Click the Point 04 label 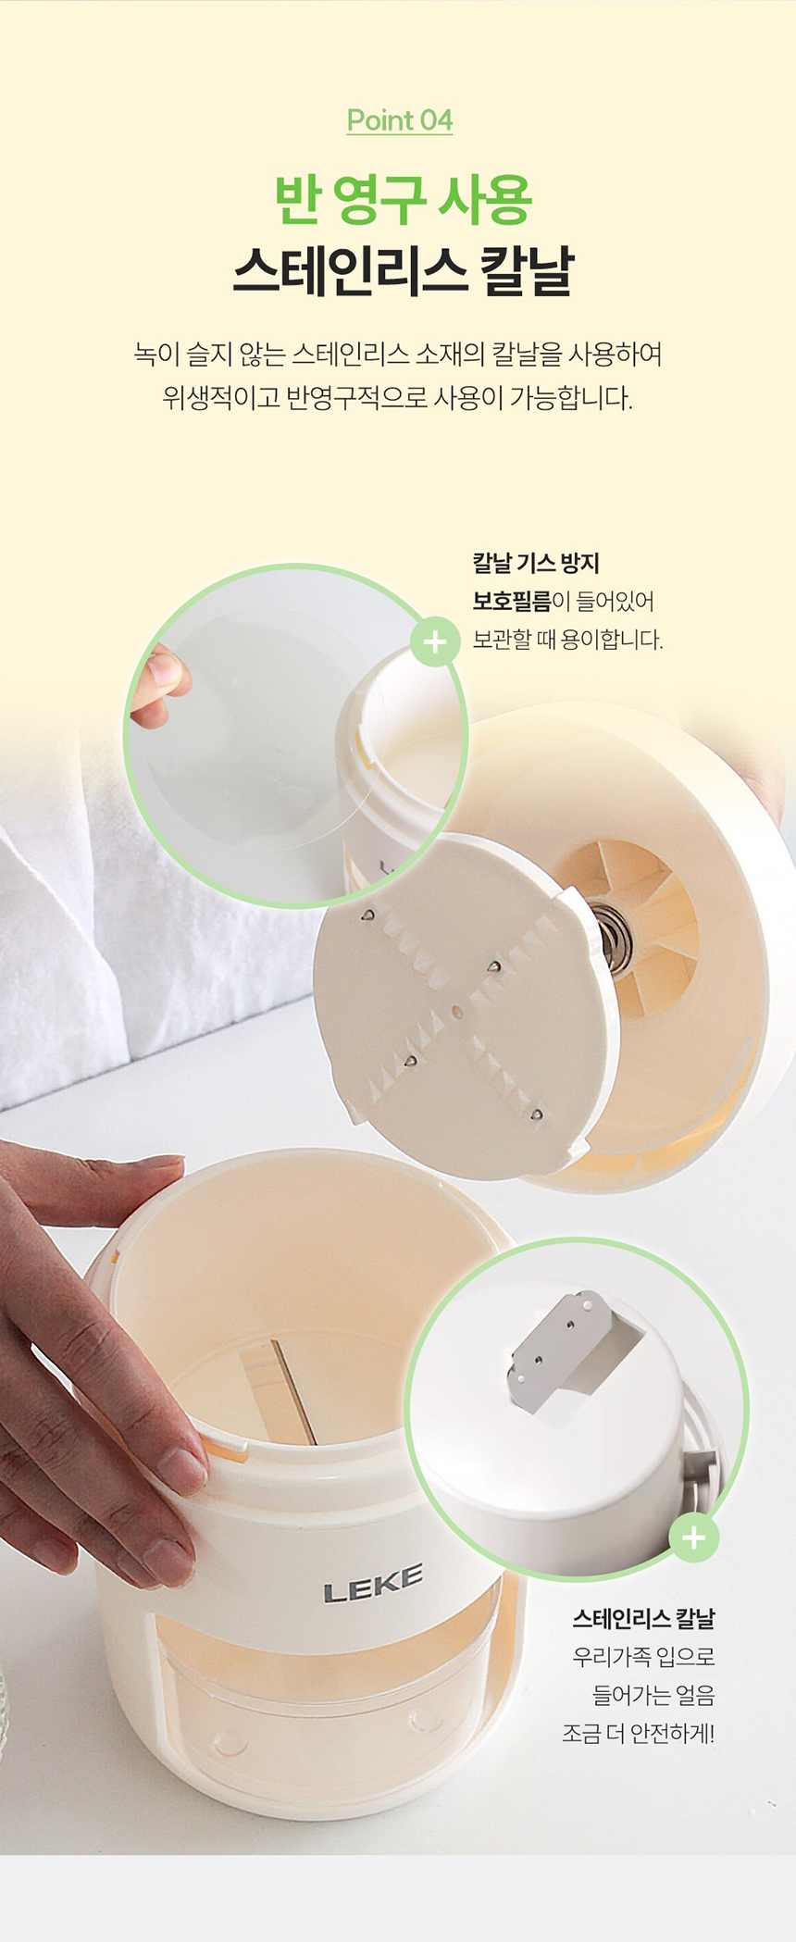[x=400, y=120]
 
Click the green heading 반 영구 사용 [x=403, y=199]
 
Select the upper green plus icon [x=435, y=641]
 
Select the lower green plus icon [x=693, y=1537]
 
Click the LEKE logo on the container [x=373, y=1584]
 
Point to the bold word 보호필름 [x=511, y=601]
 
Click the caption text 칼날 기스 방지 [x=536, y=562]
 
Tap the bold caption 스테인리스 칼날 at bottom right [x=643, y=1619]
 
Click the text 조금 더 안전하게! [x=638, y=1733]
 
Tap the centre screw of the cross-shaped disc [x=456, y=1012]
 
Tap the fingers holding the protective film [x=158, y=685]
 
